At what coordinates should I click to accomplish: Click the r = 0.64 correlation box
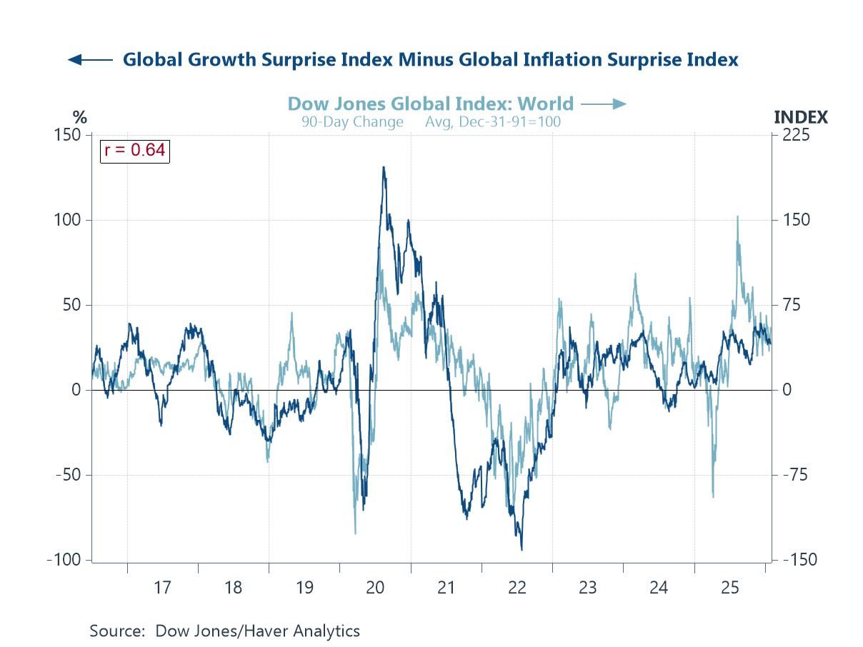click(x=134, y=150)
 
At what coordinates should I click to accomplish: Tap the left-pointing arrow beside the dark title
click(x=90, y=60)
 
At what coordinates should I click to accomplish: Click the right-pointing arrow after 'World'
click(x=604, y=104)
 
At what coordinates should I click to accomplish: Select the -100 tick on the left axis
click(x=64, y=560)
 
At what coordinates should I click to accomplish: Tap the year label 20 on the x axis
click(x=374, y=588)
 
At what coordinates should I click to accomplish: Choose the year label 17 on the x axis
click(x=162, y=588)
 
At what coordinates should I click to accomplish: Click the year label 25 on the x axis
click(x=729, y=588)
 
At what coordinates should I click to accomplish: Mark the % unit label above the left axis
click(x=79, y=117)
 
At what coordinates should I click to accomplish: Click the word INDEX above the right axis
click(x=801, y=117)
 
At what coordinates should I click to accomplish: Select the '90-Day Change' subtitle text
click(x=352, y=121)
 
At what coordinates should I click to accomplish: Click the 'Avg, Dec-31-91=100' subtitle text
click(x=493, y=121)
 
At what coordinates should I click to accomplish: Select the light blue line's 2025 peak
click(x=737, y=216)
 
